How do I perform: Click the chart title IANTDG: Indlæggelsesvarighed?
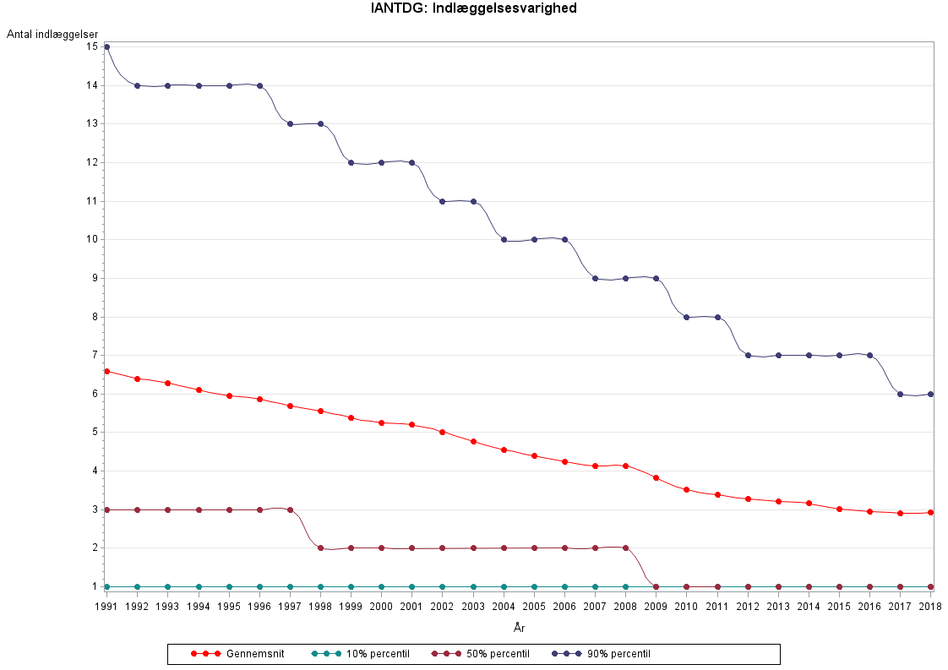point(474,9)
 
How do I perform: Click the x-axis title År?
point(519,628)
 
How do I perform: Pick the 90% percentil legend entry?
point(601,654)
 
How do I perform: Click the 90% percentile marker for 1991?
point(106,46)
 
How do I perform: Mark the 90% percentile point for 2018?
point(931,394)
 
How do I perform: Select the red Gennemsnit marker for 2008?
point(625,466)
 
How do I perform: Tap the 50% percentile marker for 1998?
point(320,547)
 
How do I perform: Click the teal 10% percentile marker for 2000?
point(381,586)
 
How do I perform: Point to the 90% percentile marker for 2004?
point(504,239)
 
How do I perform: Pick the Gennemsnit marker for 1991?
point(106,371)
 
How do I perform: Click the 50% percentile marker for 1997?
point(290,509)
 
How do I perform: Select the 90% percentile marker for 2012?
point(748,355)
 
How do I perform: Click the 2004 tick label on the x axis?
point(504,607)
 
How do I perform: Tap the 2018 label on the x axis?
point(931,607)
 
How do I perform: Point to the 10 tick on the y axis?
point(91,239)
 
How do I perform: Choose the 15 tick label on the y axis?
point(91,46)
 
